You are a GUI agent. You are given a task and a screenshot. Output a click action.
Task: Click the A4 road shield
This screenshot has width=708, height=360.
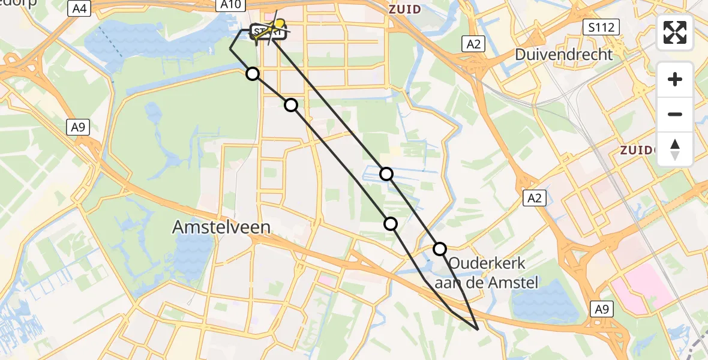[80, 8]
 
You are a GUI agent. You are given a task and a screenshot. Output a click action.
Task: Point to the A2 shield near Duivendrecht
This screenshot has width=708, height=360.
[472, 43]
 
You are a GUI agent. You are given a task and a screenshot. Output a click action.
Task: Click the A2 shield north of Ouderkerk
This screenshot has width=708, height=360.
[533, 198]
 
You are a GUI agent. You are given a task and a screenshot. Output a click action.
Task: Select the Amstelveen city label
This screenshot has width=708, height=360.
[221, 227]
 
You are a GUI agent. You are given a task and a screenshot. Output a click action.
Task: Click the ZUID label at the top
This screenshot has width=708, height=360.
[404, 9]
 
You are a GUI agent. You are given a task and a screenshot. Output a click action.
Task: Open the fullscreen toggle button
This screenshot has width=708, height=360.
[675, 32]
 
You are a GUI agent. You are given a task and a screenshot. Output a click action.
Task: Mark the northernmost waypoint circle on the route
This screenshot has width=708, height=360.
[253, 74]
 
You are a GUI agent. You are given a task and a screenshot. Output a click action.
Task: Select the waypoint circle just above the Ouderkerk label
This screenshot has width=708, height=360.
[440, 249]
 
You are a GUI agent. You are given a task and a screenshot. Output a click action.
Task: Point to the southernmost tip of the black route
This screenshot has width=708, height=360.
[478, 329]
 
